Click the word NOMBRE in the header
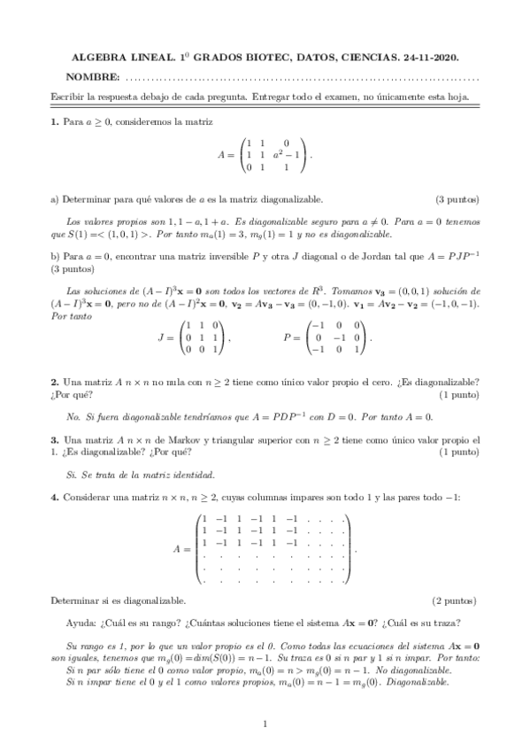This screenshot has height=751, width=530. pyautogui.click(x=95, y=77)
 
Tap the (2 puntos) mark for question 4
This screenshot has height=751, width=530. pyautogui.click(x=457, y=600)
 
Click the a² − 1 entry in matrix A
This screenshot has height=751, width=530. pyautogui.click(x=288, y=154)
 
